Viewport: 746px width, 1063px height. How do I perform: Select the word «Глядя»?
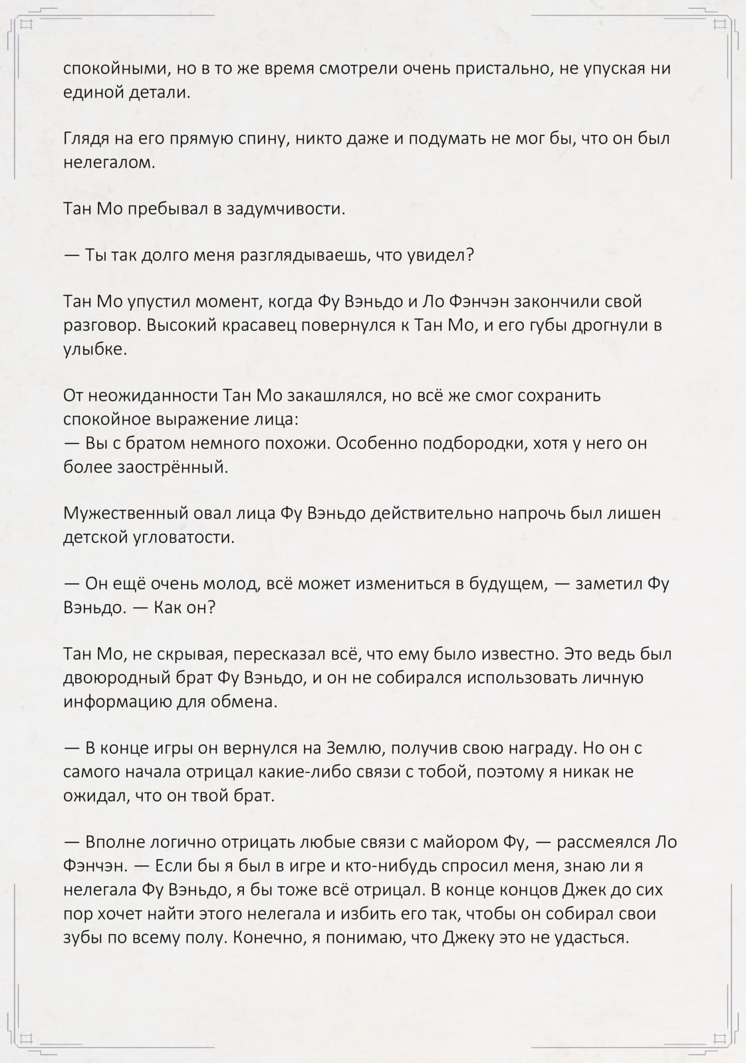(x=83, y=140)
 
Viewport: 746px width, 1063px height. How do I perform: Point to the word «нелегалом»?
(x=108, y=163)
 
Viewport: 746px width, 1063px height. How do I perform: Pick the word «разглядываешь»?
(x=297, y=256)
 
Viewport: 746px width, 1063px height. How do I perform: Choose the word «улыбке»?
(x=94, y=349)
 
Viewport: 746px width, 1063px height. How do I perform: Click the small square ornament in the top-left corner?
(x=26, y=25)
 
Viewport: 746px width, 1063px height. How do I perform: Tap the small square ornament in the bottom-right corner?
(x=720, y=1038)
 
